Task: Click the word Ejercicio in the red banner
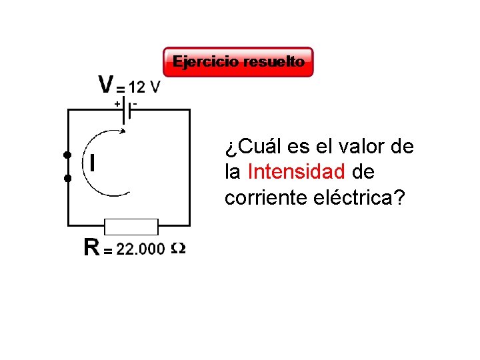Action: tap(206, 62)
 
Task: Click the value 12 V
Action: tap(145, 87)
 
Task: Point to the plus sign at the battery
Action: tap(117, 104)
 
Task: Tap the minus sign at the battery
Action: tap(135, 103)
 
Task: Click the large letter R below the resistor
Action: tap(92, 248)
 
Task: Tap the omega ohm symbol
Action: tap(178, 249)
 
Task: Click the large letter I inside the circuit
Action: tap(91, 162)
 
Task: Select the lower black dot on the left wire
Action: tap(67, 179)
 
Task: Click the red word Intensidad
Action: tap(296, 172)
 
